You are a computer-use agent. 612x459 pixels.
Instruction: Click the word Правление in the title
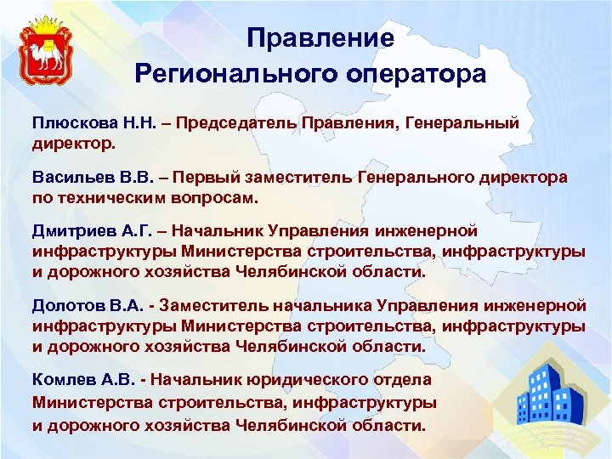320,39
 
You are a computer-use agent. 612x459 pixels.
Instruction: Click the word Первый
192,178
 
